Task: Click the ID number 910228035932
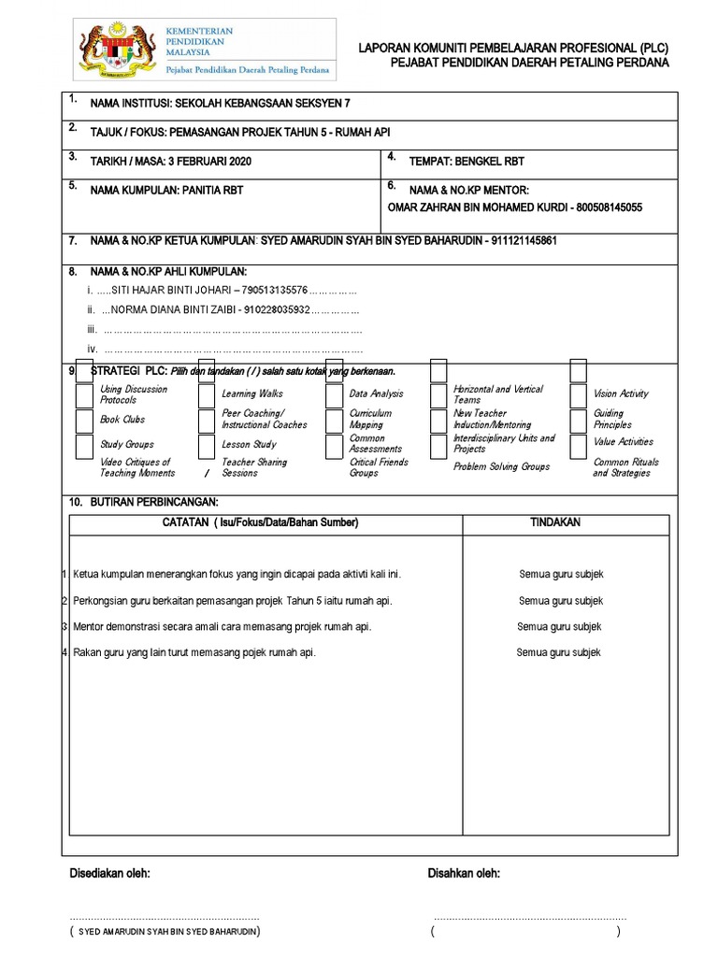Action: (x=275, y=309)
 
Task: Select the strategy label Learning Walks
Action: (x=251, y=394)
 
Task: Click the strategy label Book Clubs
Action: (x=122, y=420)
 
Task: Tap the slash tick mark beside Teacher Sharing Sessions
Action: (x=206, y=473)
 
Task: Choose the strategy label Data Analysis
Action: (x=376, y=394)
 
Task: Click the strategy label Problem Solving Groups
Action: (x=501, y=466)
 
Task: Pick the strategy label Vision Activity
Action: (x=621, y=394)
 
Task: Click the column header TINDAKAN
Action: (x=555, y=522)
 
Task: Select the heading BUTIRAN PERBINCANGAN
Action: (x=154, y=503)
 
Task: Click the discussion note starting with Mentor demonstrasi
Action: (x=223, y=627)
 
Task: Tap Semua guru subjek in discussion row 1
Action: (x=561, y=575)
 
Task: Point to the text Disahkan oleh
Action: (x=464, y=873)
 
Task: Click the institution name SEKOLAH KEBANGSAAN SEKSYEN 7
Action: (x=265, y=105)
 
